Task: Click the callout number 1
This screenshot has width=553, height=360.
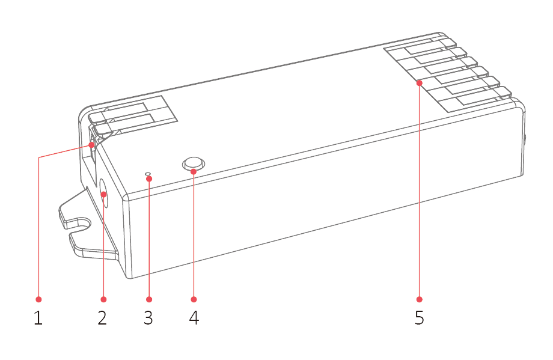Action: click(38, 317)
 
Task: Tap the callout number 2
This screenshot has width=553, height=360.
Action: click(103, 317)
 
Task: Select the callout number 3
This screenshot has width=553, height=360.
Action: click(148, 317)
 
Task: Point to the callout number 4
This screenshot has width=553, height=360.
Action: click(194, 317)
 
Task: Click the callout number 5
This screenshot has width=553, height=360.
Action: click(420, 317)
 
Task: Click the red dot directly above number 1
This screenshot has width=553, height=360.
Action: click(38, 299)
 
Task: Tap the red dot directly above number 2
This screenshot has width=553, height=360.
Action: click(103, 299)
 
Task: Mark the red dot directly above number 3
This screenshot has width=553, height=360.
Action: click(149, 299)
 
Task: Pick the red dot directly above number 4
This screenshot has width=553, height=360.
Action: click(194, 299)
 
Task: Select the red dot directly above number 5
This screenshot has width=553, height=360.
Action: click(420, 299)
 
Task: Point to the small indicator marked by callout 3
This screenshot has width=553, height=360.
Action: click(149, 177)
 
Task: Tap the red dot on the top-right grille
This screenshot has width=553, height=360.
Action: click(420, 83)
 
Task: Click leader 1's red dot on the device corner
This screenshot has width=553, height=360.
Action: click(91, 145)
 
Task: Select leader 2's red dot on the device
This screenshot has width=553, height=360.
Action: click(103, 194)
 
